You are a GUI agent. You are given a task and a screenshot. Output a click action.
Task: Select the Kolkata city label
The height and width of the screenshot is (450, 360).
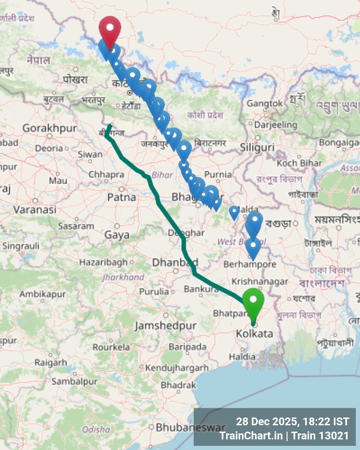pos(254,333)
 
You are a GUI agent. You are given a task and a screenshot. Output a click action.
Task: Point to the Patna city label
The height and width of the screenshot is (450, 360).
pos(122,197)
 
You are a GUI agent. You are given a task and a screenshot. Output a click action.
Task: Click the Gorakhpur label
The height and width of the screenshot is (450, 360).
pos(49,128)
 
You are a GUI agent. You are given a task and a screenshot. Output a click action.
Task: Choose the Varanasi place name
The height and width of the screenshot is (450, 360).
pos(35,209)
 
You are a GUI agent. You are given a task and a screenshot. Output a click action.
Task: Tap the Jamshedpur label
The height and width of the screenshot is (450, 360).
pos(166,325)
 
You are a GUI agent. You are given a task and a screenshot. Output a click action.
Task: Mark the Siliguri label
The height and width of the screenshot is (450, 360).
pos(257,147)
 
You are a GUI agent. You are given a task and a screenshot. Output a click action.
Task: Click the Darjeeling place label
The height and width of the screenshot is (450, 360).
pos(276,125)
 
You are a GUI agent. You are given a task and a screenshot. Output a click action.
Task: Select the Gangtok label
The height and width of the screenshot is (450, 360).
pos(265,103)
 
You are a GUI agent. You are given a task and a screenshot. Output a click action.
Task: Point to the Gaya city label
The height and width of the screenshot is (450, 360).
pos(117,235)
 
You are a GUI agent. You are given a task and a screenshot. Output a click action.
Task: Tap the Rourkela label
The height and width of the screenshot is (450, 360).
pos(111,347)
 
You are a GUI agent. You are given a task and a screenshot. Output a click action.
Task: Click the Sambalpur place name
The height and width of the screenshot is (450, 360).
pos(74,381)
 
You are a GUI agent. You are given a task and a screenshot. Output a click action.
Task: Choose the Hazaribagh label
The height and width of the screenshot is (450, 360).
pos(103,262)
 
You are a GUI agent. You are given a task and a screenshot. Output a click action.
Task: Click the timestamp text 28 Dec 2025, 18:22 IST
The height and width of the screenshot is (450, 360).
pos(293,421)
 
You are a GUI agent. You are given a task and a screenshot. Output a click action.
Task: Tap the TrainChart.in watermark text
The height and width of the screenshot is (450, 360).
pos(251,436)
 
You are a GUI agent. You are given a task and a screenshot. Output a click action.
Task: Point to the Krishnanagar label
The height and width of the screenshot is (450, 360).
pos(260,282)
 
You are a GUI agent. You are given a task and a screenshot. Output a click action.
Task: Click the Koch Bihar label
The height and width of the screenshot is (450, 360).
pos(299,163)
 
